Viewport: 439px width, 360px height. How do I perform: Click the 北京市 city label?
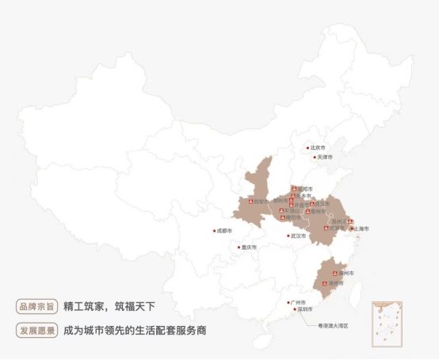click(319, 147)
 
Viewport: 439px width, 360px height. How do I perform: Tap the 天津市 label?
click(326, 158)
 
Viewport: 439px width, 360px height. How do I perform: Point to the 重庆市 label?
click(249, 247)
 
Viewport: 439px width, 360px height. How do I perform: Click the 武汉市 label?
click(298, 236)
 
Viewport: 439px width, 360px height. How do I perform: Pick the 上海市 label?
click(361, 229)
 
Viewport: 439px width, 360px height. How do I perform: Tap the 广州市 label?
click(299, 303)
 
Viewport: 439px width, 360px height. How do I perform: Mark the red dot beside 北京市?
click(308, 147)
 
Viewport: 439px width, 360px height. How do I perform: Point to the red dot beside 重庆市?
click(239, 247)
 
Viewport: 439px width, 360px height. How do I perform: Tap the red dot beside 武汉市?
click(288, 236)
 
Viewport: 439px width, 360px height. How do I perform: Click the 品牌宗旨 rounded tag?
click(36, 306)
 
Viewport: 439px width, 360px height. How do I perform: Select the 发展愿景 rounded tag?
click(36, 329)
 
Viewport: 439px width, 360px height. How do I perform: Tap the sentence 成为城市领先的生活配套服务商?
click(136, 329)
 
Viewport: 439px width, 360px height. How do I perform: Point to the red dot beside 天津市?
click(315, 158)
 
